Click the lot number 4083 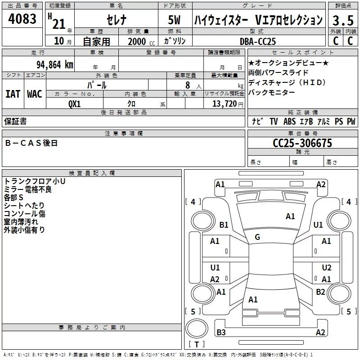click(x=22, y=18)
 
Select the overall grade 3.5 click(x=343, y=20)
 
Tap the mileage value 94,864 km click(x=55, y=65)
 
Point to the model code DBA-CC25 click(x=257, y=41)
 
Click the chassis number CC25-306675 click(x=302, y=143)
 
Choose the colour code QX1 click(x=74, y=104)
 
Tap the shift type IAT click(x=13, y=94)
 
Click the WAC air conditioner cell click(x=35, y=94)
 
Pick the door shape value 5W click(x=174, y=20)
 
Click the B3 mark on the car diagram click(x=221, y=332)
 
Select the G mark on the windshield click(x=257, y=237)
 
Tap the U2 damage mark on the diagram click(x=327, y=267)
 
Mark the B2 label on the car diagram click(x=320, y=292)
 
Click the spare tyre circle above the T click(x=197, y=328)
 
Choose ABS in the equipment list click(x=289, y=121)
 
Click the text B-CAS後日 click(x=31, y=143)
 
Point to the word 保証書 click(x=15, y=121)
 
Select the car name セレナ click(x=117, y=20)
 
